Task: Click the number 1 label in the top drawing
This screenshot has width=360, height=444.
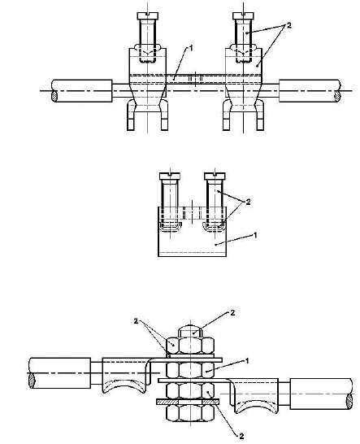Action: pyautogui.click(x=191, y=48)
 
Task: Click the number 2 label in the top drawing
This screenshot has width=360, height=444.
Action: pyautogui.click(x=288, y=25)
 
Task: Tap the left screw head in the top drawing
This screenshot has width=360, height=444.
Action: pyautogui.click(x=148, y=16)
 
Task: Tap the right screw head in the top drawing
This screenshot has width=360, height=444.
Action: pyautogui.click(x=243, y=16)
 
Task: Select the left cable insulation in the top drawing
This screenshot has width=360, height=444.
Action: pyautogui.click(x=82, y=91)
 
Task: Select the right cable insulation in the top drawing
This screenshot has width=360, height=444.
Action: pyautogui.click(x=310, y=91)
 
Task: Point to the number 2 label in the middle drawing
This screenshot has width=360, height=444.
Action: pyautogui.click(x=248, y=202)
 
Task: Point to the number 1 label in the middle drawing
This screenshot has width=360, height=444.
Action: pyautogui.click(x=255, y=235)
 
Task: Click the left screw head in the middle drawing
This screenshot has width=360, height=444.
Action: pyautogui.click(x=170, y=176)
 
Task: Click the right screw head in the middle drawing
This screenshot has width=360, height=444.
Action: pyautogui.click(x=215, y=176)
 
